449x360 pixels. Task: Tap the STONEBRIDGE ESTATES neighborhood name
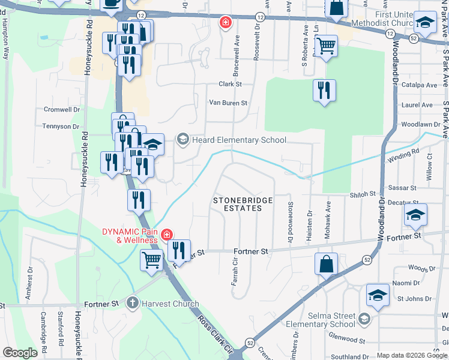(x=239, y=204)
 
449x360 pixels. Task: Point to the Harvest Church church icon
(x=133, y=303)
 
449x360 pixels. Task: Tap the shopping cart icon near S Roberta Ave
(x=326, y=46)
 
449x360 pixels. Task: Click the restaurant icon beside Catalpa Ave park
(x=324, y=91)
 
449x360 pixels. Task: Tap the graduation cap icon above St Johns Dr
(x=378, y=296)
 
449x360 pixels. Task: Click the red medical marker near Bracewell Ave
(x=225, y=23)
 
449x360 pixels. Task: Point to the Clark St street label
(x=230, y=84)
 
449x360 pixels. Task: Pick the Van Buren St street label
(x=228, y=103)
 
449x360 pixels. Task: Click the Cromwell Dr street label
(x=61, y=110)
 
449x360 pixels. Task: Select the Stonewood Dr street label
(x=290, y=221)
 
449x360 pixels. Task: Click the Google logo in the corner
(x=20, y=353)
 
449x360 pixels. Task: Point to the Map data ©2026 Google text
(x=411, y=355)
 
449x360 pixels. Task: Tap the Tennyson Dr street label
(x=61, y=127)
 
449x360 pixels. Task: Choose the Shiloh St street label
(x=363, y=194)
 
